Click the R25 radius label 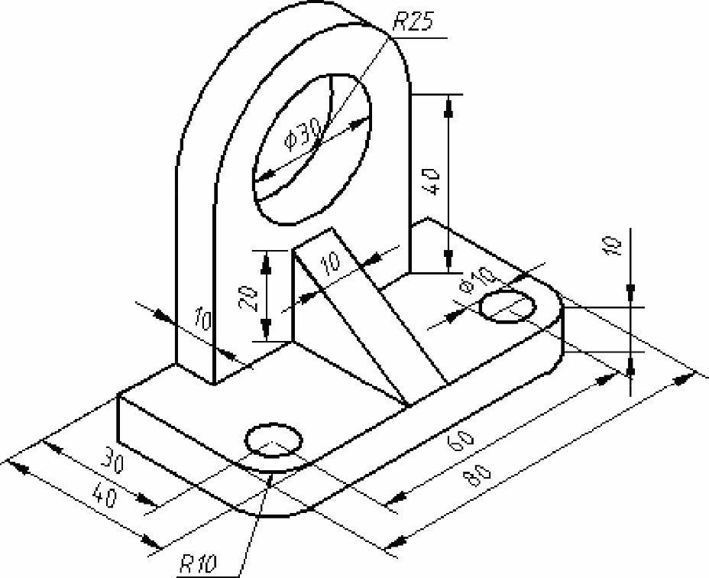(413, 22)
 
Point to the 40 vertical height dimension (432, 181)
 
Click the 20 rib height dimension (250, 299)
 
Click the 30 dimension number (112, 459)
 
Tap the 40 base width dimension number (105, 495)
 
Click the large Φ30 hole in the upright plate (312, 149)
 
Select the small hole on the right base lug (507, 307)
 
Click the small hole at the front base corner (273, 440)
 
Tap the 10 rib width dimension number (331, 262)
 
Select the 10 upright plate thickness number (202, 318)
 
